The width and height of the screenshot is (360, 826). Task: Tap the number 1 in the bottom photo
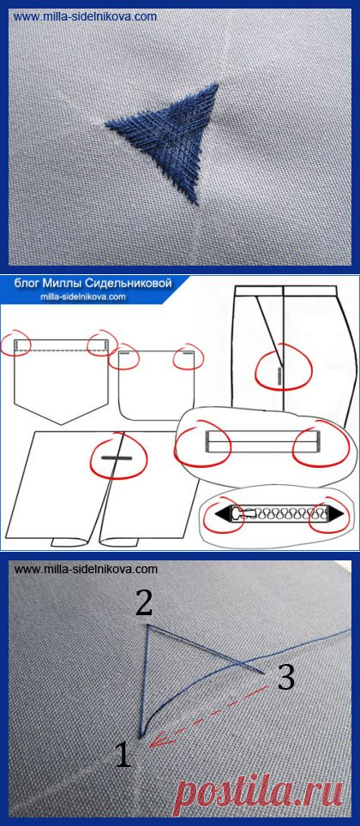point(123,754)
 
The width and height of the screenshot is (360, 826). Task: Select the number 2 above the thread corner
point(144,602)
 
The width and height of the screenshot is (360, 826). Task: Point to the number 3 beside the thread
point(285,679)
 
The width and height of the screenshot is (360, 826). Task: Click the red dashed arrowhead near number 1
point(154,741)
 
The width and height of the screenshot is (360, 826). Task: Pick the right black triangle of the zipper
point(334,512)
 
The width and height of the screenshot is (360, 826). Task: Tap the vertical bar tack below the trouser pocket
point(279,375)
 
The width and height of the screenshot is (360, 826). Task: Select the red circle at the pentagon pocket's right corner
point(103,344)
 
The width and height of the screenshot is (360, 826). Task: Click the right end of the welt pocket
point(318,441)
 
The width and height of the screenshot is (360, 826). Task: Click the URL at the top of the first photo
point(85,16)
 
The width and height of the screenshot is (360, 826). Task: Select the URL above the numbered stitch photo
point(87,569)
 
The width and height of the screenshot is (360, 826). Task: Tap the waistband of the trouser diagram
point(285,290)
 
